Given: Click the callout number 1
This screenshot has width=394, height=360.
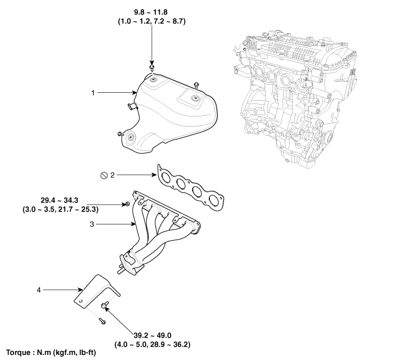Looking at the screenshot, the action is (x=93, y=93).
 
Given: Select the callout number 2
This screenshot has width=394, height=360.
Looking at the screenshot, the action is (x=113, y=175).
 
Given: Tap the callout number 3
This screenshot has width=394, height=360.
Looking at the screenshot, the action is (x=92, y=224).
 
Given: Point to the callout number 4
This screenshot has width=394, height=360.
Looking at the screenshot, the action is (x=39, y=290).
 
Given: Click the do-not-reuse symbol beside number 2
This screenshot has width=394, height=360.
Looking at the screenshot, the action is (x=104, y=175).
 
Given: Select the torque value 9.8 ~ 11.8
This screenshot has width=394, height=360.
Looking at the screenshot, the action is (x=151, y=12).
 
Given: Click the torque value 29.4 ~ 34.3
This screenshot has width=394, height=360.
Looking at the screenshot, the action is (x=59, y=200).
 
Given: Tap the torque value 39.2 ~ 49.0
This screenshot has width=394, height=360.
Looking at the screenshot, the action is (x=153, y=335).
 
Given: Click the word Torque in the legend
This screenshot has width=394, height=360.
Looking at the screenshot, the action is (x=17, y=353).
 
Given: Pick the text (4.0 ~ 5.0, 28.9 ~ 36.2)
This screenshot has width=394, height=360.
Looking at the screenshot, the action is (x=153, y=344).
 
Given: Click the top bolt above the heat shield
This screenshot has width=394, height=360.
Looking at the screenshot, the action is (x=152, y=67).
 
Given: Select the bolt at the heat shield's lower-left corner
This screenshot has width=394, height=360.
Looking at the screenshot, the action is (x=120, y=134).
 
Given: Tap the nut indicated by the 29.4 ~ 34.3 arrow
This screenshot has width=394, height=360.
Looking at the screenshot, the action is (x=127, y=204).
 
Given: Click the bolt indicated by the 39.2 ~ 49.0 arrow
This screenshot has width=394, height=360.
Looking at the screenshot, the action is (x=105, y=305).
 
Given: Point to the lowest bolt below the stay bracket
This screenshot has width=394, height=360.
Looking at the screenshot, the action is (x=102, y=321).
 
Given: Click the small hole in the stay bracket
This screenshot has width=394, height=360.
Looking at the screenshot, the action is (x=80, y=301).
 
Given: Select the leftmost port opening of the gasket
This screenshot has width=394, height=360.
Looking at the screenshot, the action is (x=165, y=177).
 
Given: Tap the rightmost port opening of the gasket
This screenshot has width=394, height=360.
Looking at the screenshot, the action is (x=214, y=200).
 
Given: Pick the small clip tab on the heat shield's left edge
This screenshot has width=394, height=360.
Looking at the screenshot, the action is (x=132, y=106).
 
